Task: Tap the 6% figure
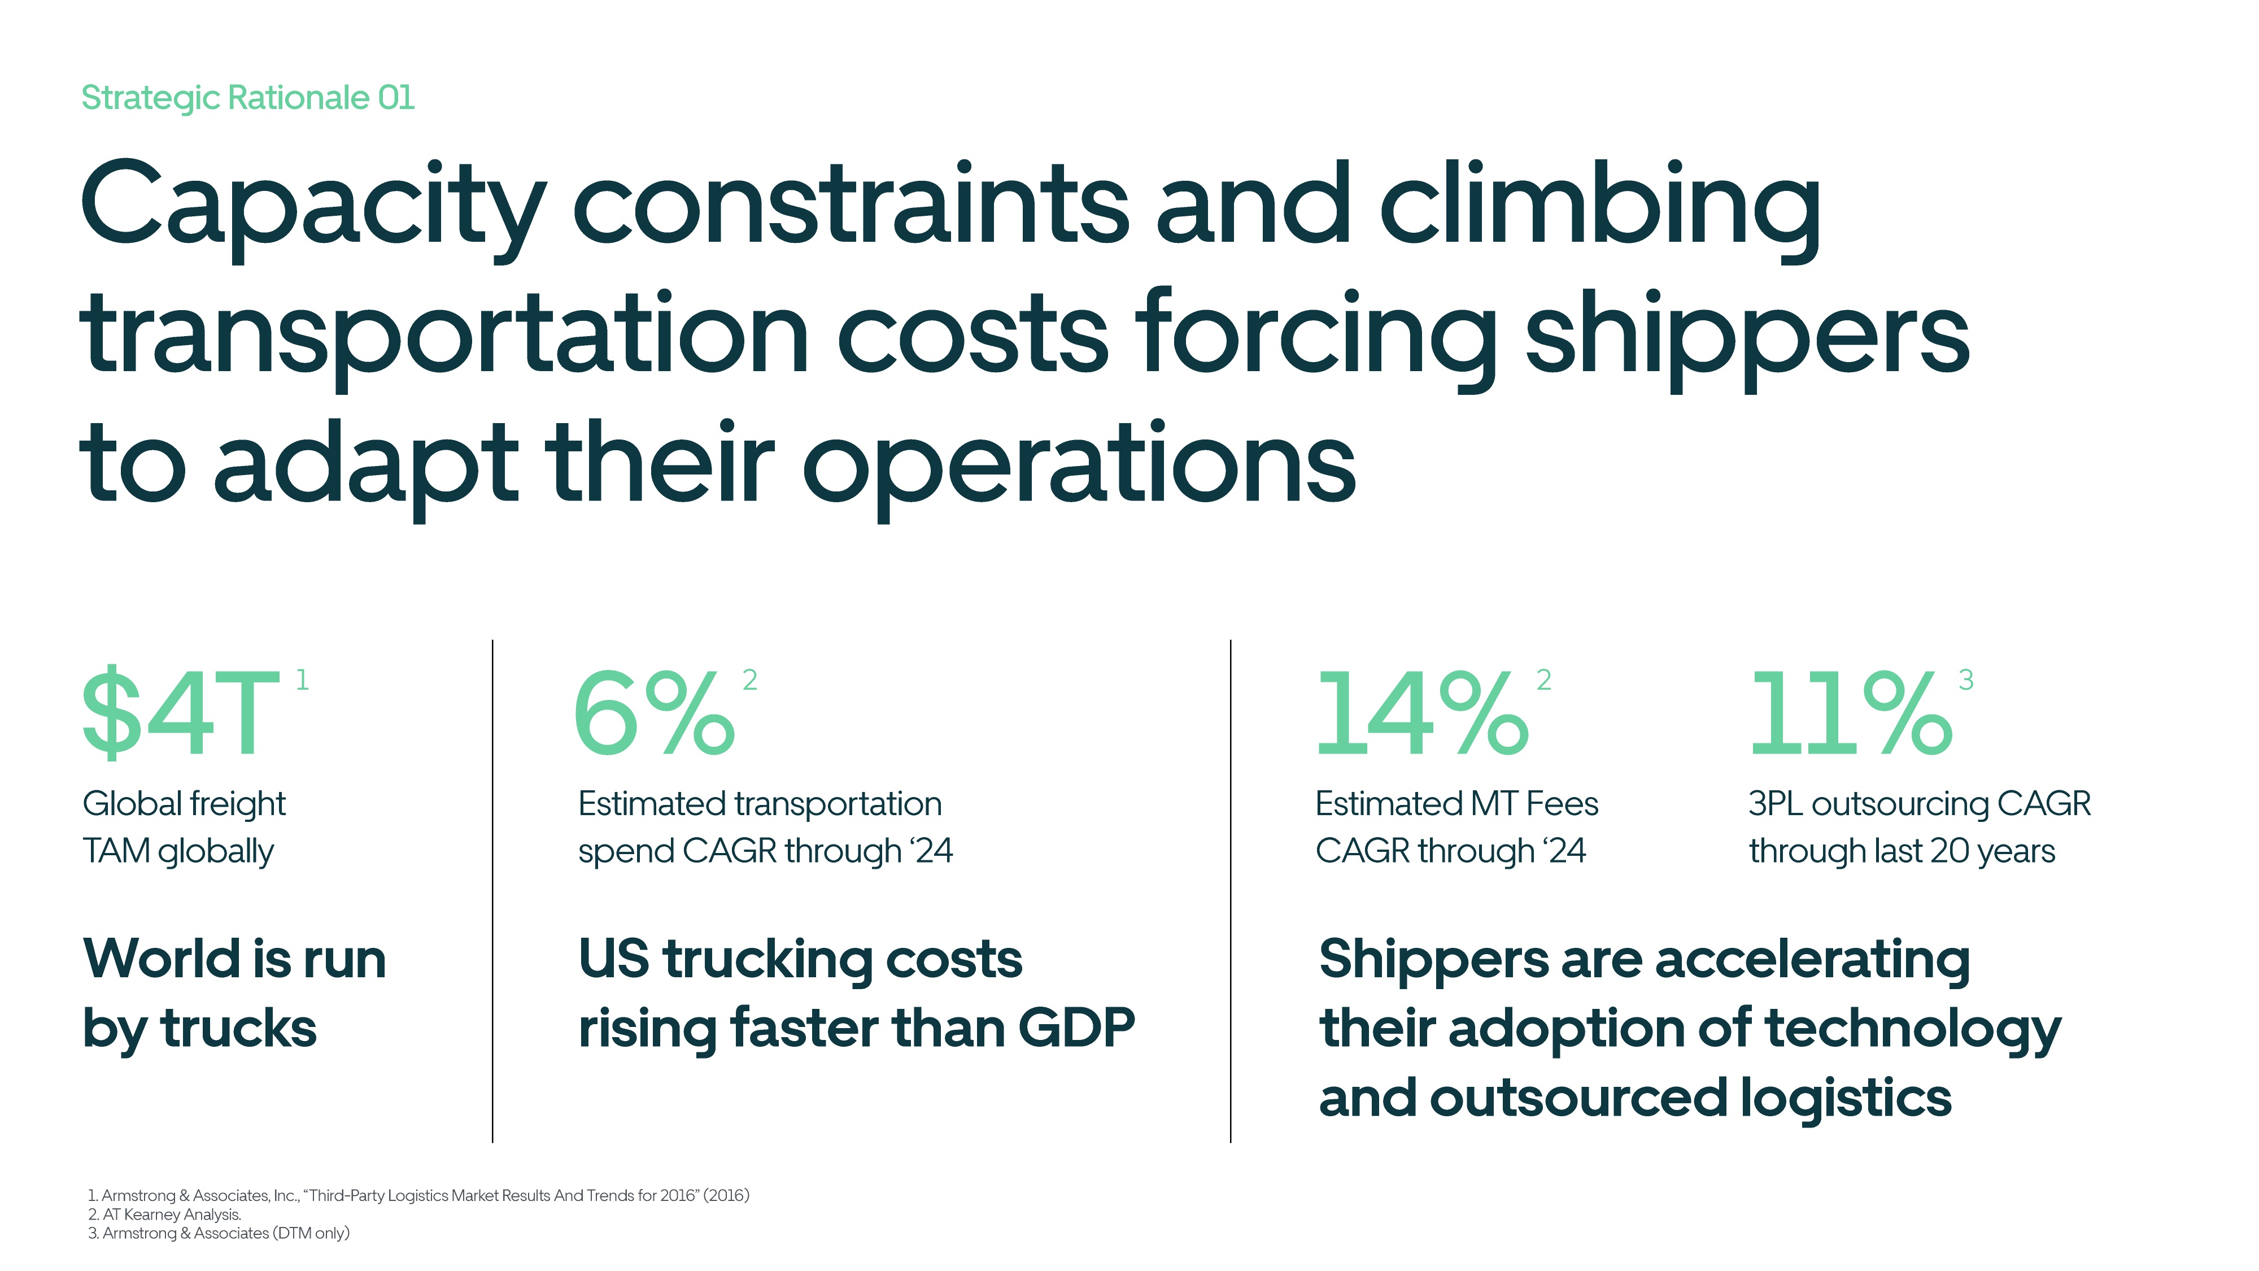click(x=654, y=712)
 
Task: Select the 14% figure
click(x=1421, y=712)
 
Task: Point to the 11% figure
click(x=1850, y=712)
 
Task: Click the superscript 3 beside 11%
click(x=1966, y=680)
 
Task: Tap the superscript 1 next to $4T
click(x=303, y=680)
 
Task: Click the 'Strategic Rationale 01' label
click(x=247, y=97)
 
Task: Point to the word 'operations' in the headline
click(x=1079, y=465)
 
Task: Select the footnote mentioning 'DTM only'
click(x=219, y=1233)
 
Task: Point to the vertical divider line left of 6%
click(x=493, y=890)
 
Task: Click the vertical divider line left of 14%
click(x=1231, y=890)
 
